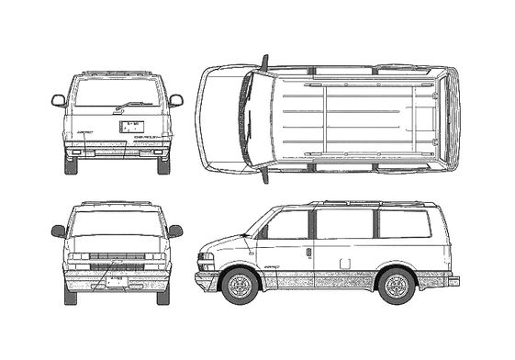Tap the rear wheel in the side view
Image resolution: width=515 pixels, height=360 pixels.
(x=396, y=286)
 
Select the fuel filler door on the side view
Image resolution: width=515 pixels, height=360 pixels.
(x=343, y=263)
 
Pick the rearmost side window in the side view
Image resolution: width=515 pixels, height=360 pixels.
(x=404, y=223)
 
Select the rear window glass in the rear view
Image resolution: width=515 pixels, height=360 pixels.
(x=118, y=92)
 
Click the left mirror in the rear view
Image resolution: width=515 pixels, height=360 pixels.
(x=59, y=100)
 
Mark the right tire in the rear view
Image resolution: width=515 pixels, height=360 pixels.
(x=164, y=164)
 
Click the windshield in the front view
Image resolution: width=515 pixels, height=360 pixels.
(x=117, y=223)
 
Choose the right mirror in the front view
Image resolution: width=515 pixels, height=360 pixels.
(x=175, y=231)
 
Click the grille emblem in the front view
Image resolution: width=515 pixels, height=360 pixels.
(x=118, y=256)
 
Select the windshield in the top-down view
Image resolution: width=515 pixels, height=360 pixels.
(x=258, y=118)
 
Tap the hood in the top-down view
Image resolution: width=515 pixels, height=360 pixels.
(x=220, y=118)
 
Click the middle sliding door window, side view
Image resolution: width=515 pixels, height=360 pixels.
(x=343, y=224)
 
